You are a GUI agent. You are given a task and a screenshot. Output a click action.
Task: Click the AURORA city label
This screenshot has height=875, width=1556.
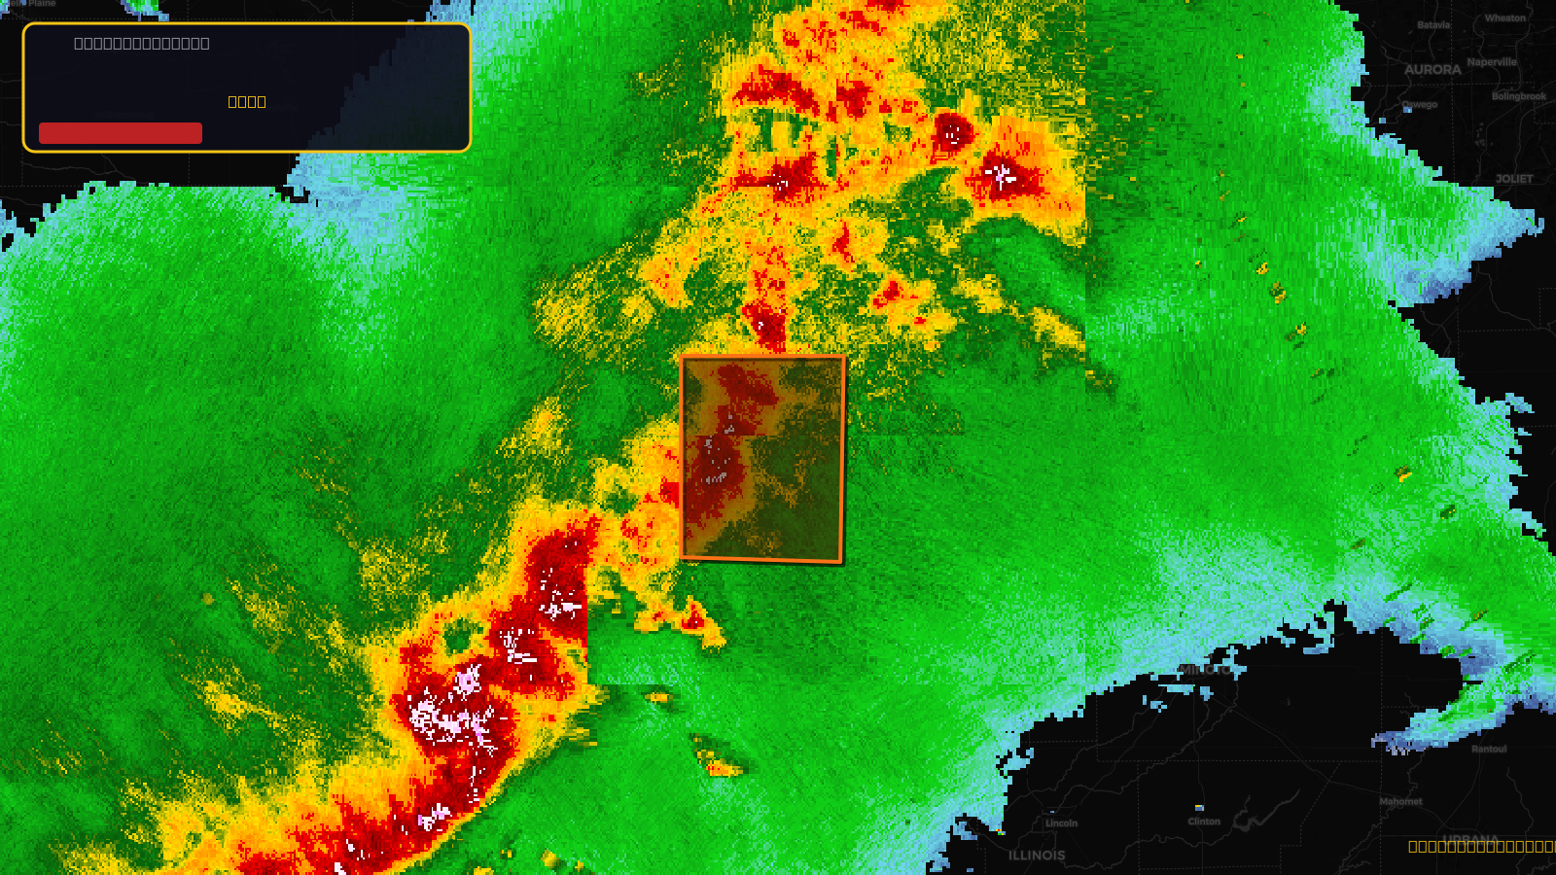click(1432, 70)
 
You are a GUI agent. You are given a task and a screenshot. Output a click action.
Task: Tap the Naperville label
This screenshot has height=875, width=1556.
click(1492, 62)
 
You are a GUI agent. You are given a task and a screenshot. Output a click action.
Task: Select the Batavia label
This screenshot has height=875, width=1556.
click(1433, 25)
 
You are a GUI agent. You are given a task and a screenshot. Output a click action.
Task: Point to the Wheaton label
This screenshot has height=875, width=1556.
click(1505, 18)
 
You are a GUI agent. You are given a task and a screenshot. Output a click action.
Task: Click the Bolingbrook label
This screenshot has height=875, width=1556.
click(1519, 96)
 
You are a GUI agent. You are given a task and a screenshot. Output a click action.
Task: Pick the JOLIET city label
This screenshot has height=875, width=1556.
click(1514, 179)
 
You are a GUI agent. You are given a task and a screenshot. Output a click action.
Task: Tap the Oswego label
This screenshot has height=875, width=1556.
click(1419, 105)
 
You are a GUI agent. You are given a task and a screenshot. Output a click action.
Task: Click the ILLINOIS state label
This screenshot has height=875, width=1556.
click(1037, 856)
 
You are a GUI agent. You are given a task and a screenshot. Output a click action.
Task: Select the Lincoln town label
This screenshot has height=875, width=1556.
click(1062, 823)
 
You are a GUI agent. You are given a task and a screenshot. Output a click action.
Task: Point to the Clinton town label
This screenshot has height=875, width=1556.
click(1204, 822)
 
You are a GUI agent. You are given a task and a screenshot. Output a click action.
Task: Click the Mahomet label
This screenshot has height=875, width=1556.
click(1400, 802)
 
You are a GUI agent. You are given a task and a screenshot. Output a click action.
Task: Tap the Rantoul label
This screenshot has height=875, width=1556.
click(1489, 749)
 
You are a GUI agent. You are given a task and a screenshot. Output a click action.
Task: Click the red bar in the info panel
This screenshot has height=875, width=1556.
click(121, 133)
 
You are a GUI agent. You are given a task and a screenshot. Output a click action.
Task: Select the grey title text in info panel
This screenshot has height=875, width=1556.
click(142, 44)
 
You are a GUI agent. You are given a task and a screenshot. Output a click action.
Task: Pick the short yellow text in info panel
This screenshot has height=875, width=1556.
click(247, 102)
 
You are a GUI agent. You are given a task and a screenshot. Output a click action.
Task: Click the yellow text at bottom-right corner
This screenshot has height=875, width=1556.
click(1481, 847)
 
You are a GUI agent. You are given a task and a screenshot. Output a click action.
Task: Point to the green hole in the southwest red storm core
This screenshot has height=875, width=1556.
click(457, 639)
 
